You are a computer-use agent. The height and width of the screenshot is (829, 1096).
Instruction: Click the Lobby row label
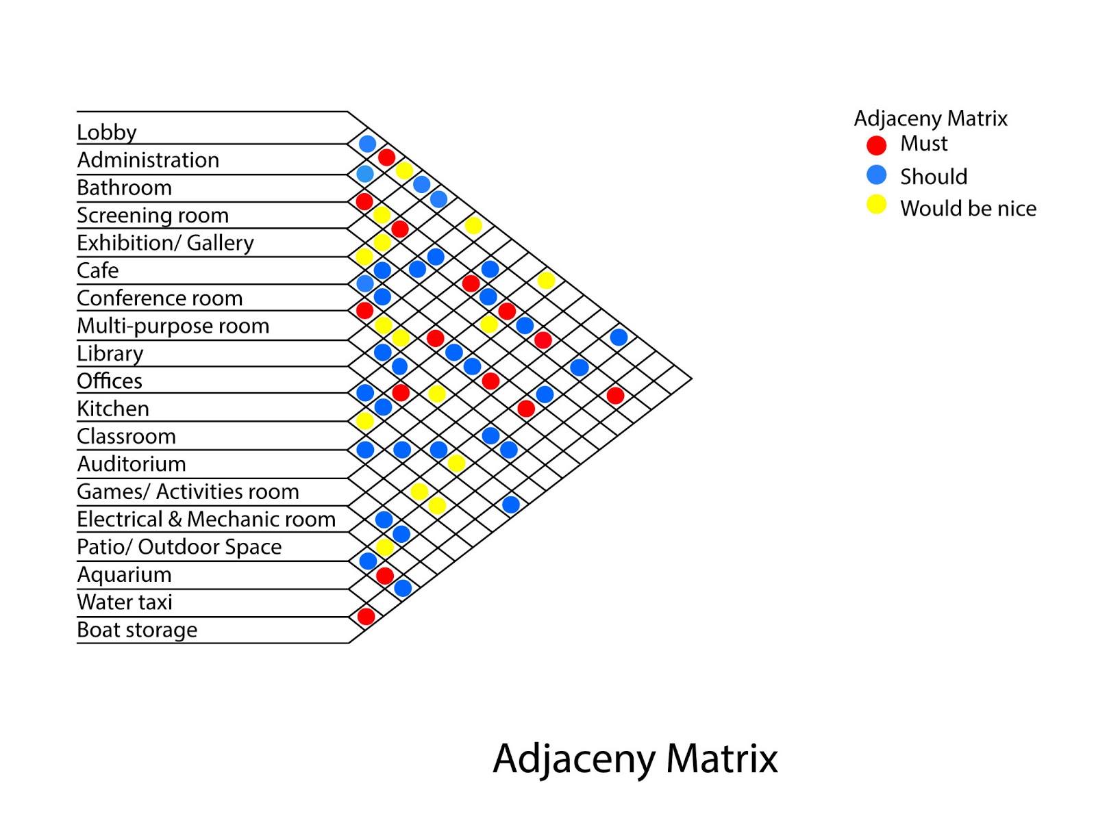(107, 132)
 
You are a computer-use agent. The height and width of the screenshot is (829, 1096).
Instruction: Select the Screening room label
(153, 215)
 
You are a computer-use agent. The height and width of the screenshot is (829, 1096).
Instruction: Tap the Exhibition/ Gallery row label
(165, 243)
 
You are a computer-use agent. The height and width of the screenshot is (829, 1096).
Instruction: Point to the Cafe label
(98, 270)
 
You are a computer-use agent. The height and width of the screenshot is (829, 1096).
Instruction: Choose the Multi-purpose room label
(173, 326)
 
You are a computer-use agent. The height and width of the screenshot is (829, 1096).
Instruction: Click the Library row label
(110, 353)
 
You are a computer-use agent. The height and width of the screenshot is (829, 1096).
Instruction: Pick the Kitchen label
(113, 409)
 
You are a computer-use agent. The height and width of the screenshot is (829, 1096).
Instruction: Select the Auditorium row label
(132, 464)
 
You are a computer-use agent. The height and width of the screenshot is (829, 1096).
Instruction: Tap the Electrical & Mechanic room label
(206, 519)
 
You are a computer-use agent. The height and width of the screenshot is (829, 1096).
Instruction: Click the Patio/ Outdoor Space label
(179, 547)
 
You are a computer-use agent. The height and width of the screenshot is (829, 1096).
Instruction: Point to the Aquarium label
(124, 574)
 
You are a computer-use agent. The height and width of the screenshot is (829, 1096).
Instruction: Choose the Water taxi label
(125, 602)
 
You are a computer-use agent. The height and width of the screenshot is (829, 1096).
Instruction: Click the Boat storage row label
(137, 630)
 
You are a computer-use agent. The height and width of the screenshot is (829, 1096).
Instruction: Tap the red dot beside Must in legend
(876, 145)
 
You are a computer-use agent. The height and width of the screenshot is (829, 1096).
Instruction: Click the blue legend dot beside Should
(876, 175)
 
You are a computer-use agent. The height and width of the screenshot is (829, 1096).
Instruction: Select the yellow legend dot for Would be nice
(876, 205)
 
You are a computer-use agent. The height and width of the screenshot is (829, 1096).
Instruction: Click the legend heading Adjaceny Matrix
(930, 118)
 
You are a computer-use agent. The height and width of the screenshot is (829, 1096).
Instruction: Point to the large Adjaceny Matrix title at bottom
(635, 758)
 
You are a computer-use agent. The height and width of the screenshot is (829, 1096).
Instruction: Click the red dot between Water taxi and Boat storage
(366, 616)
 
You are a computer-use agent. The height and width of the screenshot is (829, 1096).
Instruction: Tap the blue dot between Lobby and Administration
(367, 144)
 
